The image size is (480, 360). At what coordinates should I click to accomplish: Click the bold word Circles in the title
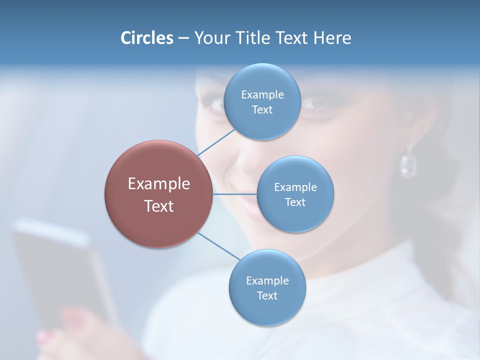coord(146,38)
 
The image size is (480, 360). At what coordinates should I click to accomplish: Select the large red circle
coord(158,194)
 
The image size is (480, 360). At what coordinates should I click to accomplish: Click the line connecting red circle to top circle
coord(216,142)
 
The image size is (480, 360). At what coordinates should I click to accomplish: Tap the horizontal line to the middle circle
coord(234,194)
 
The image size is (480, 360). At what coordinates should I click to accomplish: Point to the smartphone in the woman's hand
coord(60,270)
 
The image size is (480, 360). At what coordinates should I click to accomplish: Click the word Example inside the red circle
coord(158,183)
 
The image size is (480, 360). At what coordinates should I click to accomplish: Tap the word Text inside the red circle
coord(158,206)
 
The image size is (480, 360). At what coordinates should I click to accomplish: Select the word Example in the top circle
coord(262,94)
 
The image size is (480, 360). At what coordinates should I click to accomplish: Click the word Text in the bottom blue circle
coord(267,295)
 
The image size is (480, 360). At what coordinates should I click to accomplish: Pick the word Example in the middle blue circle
coord(295,187)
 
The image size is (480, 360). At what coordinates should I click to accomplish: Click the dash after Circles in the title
coord(183,38)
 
